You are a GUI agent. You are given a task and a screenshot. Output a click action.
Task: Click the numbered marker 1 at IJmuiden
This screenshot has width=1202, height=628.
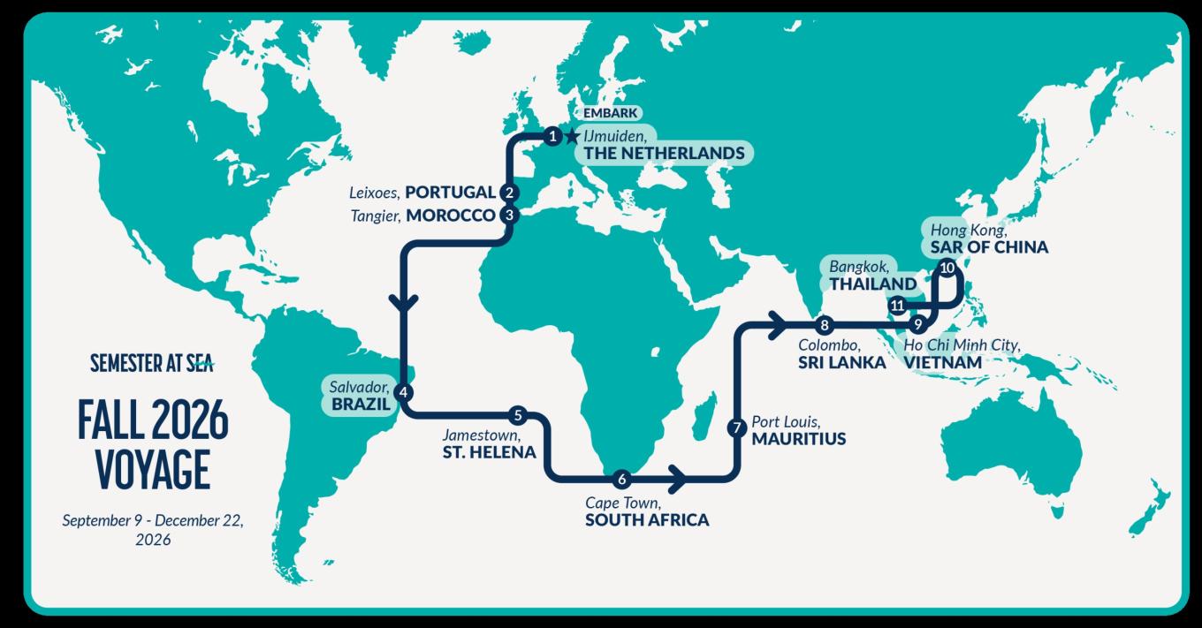coord(552,136)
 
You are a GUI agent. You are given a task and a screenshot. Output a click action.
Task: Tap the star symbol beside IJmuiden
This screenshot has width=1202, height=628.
coord(571,136)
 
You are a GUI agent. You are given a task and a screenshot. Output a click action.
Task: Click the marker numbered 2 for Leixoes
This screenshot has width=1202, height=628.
coord(508,193)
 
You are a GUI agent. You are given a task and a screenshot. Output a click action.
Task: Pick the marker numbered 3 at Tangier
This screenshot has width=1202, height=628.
coord(508,215)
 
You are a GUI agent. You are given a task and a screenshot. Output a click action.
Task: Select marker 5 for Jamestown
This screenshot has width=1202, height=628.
coord(518,414)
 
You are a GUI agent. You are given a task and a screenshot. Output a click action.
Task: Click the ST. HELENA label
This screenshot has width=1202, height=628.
coord(489,452)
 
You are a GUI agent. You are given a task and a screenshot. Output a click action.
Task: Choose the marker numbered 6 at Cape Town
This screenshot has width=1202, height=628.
coord(621,480)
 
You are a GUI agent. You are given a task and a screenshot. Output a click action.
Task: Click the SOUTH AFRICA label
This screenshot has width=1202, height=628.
coord(646,519)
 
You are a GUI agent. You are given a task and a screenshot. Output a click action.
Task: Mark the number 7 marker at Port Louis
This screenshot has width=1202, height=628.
coord(736,428)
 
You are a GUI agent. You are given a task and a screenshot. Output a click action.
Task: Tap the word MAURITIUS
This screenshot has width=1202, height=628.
coord(798,438)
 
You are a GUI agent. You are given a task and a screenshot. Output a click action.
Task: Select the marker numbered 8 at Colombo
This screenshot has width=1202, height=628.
coord(824,323)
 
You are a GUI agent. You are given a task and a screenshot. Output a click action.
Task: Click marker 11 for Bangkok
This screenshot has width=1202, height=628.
coord(897,306)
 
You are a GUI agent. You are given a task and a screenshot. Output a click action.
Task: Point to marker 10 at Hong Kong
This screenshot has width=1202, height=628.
coord(947,267)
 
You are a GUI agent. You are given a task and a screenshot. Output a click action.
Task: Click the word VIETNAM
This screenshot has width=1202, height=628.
coord(941,362)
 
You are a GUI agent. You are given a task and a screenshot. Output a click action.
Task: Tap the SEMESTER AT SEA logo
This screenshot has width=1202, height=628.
coord(152,363)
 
